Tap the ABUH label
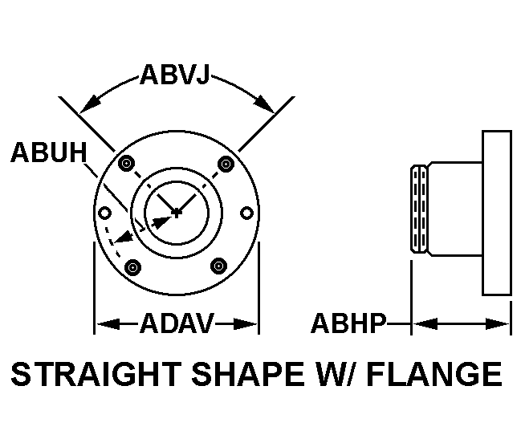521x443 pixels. [x=47, y=153]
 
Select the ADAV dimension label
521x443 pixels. [x=177, y=324]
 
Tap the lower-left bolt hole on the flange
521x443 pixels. [x=133, y=266]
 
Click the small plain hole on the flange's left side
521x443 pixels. [x=104, y=213]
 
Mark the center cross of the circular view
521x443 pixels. [x=177, y=213]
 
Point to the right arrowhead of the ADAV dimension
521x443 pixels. [x=250, y=324]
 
